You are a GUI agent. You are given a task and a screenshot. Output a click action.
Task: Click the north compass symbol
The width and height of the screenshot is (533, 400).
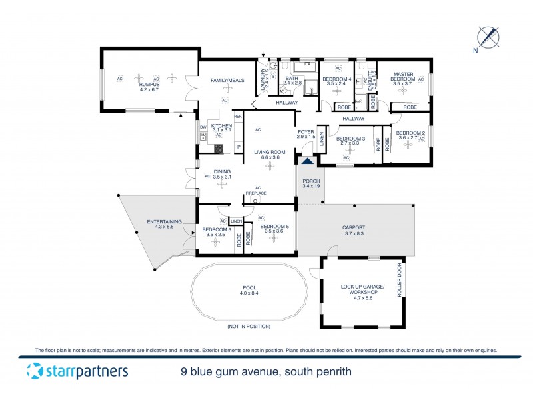click(x=489, y=36)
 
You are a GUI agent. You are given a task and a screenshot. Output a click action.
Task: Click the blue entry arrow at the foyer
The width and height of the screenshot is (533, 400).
click(x=307, y=161)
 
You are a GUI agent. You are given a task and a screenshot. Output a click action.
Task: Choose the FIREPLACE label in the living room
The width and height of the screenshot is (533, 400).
click(x=256, y=193)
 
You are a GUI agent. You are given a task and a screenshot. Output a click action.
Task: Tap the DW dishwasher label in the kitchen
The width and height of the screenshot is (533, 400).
click(x=203, y=127)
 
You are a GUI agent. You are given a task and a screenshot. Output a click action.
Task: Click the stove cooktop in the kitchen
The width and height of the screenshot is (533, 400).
click(x=218, y=149)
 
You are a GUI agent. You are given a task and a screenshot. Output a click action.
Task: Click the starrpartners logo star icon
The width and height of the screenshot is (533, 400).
click(x=33, y=371)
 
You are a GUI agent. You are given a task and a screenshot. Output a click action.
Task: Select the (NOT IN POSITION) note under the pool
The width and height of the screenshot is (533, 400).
click(x=248, y=326)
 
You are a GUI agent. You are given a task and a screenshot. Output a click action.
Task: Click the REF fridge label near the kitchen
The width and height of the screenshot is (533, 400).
click(x=237, y=117)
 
